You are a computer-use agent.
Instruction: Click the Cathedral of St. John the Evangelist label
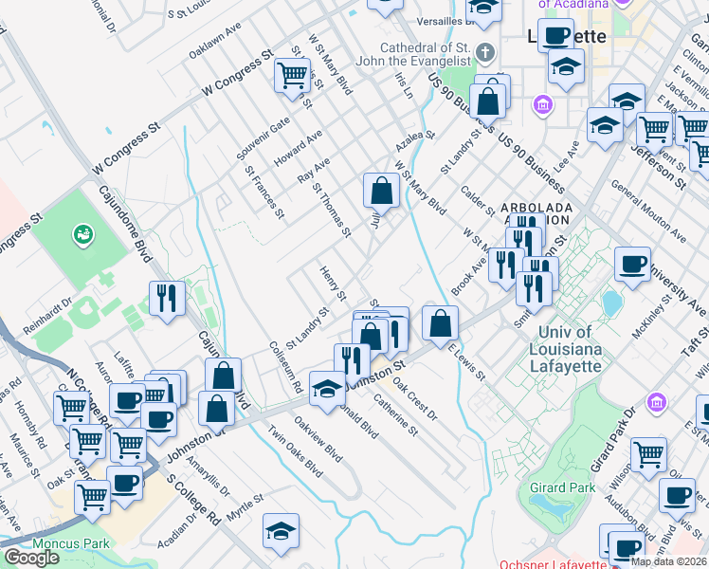pos(425,55)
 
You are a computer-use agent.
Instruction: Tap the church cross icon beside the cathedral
pos(485,52)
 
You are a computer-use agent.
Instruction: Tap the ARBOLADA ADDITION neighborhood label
pos(535,213)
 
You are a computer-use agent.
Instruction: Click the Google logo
pos(31,557)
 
